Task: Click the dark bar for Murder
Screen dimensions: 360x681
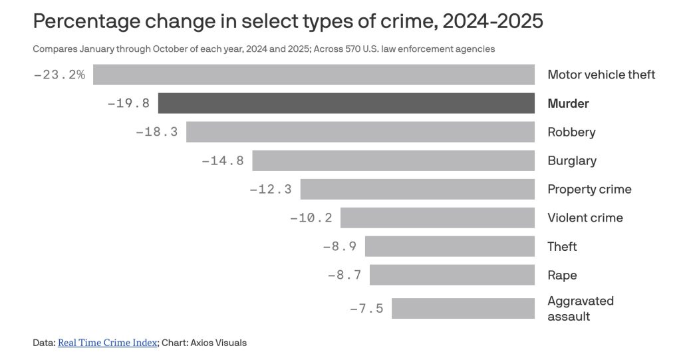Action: point(346,103)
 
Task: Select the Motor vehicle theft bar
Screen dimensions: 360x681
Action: point(314,75)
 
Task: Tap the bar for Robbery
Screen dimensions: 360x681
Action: point(360,132)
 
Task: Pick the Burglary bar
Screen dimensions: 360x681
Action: point(394,160)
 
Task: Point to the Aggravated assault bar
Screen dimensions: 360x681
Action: point(463,308)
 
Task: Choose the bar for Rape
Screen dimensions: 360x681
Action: point(452,275)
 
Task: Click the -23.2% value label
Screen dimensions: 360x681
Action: point(60,75)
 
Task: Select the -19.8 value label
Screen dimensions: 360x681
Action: point(128,103)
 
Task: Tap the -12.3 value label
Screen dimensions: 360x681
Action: point(271,189)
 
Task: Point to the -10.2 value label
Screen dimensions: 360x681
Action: point(311,218)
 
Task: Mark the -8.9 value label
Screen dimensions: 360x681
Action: point(339,246)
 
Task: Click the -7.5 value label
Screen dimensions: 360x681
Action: point(366,308)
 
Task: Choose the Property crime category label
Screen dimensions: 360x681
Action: point(589,189)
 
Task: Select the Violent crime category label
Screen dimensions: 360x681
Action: point(585,218)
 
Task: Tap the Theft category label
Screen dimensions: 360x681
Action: point(562,246)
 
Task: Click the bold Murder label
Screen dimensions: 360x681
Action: point(568,103)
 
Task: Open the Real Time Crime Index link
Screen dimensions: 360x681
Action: point(108,343)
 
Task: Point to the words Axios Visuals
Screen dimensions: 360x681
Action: point(219,343)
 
